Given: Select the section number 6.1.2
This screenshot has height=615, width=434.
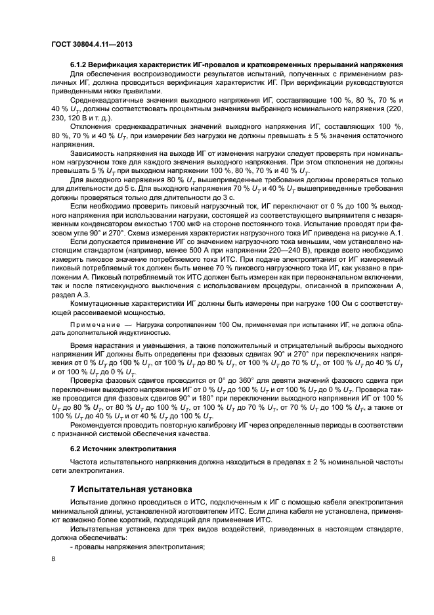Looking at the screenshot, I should (79, 64).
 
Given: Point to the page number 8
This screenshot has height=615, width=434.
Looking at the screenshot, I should (54, 558).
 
